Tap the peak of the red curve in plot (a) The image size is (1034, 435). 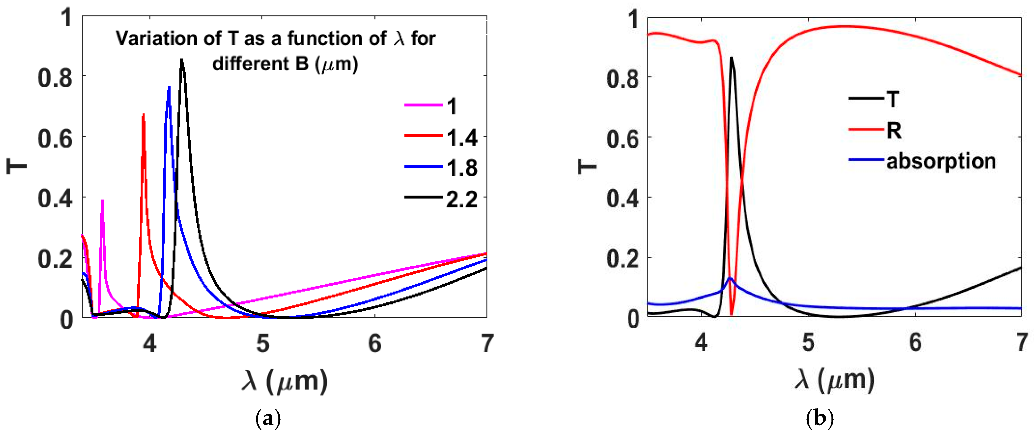(143, 114)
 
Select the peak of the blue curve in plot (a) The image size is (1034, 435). (169, 87)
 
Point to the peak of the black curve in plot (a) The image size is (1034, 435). (182, 60)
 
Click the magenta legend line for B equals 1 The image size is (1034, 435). (424, 105)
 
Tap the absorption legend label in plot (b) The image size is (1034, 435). (941, 161)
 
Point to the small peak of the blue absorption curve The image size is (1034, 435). (730, 278)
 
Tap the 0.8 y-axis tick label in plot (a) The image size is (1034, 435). (55, 77)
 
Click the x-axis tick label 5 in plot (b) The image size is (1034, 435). (808, 343)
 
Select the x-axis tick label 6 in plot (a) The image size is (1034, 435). (375, 343)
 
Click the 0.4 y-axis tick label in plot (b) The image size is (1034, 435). (622, 198)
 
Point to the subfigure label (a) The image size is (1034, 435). (268, 419)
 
